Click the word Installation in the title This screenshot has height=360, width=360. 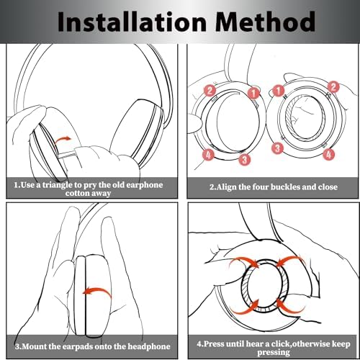[x=132, y=22]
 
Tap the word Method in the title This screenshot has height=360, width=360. [x=265, y=22]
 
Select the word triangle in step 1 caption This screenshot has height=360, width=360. [x=58, y=185]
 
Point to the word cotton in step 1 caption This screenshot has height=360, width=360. [x=77, y=194]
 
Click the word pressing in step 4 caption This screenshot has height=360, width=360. [x=274, y=353]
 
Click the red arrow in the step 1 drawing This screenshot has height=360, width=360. [x=63, y=139]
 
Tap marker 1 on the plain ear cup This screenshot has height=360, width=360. [x=253, y=92]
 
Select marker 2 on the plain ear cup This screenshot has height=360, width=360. [x=210, y=91]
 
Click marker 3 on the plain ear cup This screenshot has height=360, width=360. [x=245, y=159]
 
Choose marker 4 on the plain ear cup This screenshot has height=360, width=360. [x=208, y=155]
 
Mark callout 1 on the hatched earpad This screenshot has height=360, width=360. [x=279, y=91]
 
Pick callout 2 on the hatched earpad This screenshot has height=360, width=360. [x=333, y=86]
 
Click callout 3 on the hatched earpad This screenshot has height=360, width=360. [x=278, y=148]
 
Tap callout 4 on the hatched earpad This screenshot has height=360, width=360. [x=329, y=154]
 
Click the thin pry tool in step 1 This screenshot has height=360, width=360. [x=67, y=156]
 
